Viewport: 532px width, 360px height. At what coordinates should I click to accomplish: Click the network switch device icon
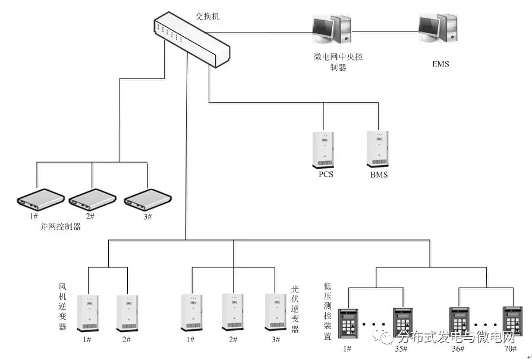(190, 39)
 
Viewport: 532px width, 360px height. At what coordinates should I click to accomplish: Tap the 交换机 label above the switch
(207, 16)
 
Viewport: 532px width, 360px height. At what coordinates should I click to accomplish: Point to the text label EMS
(440, 64)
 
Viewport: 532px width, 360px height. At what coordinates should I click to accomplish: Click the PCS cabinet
(324, 150)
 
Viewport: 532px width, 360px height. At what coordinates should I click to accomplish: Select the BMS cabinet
(377, 149)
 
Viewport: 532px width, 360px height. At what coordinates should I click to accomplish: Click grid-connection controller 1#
(39, 200)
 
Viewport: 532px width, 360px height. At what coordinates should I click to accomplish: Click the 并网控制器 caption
(61, 226)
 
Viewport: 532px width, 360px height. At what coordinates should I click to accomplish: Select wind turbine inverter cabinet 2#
(127, 313)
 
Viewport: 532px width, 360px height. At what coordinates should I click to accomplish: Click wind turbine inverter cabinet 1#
(88, 313)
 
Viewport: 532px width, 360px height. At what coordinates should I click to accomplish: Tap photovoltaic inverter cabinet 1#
(191, 313)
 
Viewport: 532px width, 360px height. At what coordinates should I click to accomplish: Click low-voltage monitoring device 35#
(402, 324)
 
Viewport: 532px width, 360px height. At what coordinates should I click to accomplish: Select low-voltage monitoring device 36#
(459, 324)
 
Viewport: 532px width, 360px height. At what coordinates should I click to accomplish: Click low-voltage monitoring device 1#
(348, 324)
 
